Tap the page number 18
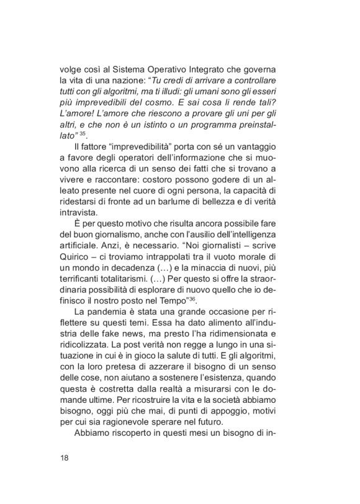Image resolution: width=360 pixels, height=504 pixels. pos(65,457)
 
